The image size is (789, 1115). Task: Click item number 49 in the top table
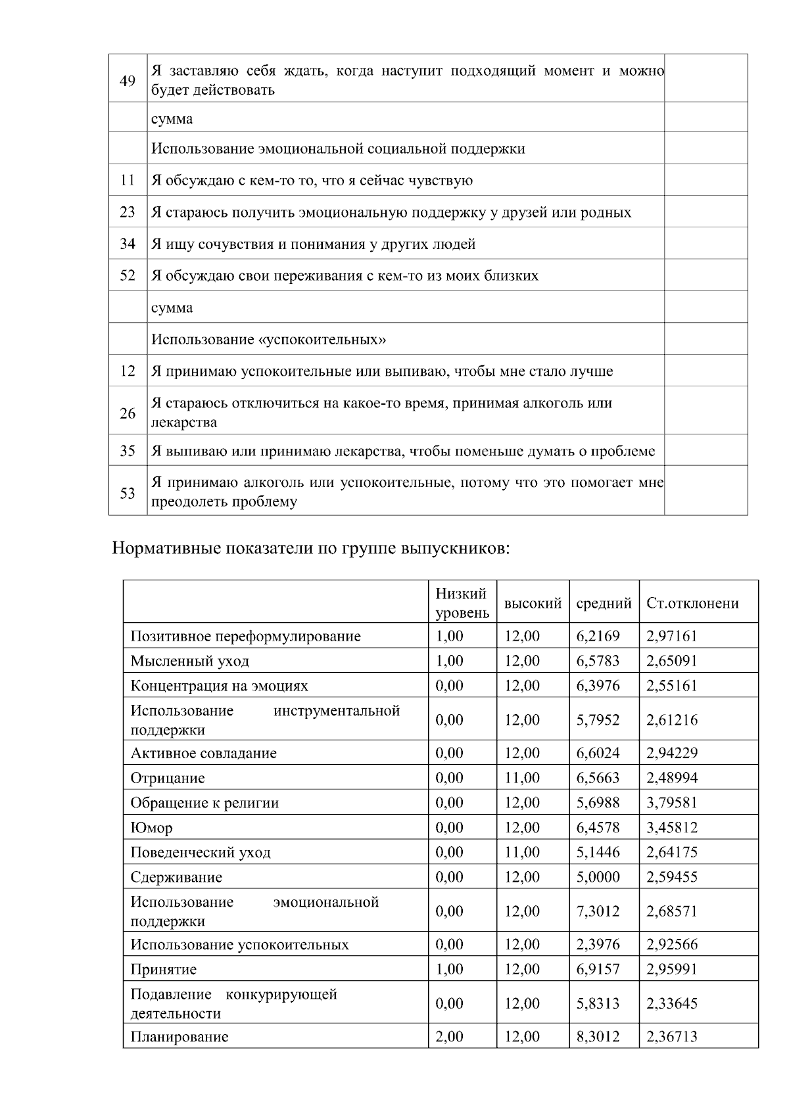(128, 81)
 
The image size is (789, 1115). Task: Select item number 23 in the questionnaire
(128, 212)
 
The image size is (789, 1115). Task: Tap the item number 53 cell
(128, 493)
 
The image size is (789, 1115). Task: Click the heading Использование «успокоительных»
(269, 340)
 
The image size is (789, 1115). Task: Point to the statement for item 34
(314, 244)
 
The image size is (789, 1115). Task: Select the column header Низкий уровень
(462, 603)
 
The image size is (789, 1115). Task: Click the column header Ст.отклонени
(692, 603)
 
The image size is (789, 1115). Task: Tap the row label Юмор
(152, 828)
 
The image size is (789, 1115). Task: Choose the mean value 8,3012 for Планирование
(598, 1037)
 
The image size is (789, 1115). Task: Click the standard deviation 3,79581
(672, 803)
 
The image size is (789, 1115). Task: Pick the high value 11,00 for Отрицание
(522, 778)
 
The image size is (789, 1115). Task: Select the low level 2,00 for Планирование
(450, 1037)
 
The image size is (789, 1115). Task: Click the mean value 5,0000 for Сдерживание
(598, 877)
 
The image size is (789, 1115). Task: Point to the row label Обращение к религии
(204, 803)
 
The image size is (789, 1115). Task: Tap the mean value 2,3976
(598, 945)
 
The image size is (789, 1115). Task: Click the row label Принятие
(163, 970)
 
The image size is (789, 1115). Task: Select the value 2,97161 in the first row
(672, 636)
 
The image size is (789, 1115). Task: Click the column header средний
(604, 603)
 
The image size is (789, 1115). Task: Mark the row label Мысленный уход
(190, 661)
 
